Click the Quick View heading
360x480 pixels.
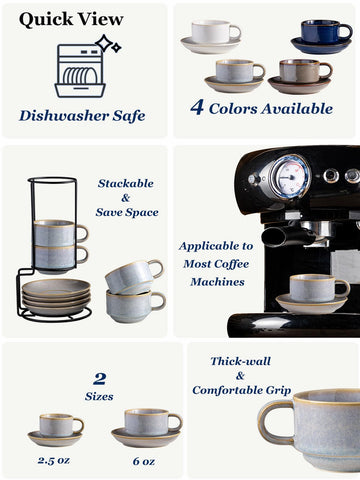[x=71, y=19]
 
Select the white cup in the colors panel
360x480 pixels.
[x=217, y=33]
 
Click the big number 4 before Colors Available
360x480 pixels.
[x=197, y=108]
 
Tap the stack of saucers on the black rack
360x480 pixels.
[x=56, y=295]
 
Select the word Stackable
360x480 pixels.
[x=125, y=184]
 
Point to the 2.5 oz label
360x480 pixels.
[x=56, y=460]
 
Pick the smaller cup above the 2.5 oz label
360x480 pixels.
[x=57, y=425]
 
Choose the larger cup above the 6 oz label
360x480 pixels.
[x=146, y=422]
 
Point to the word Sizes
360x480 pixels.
[x=99, y=397]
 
